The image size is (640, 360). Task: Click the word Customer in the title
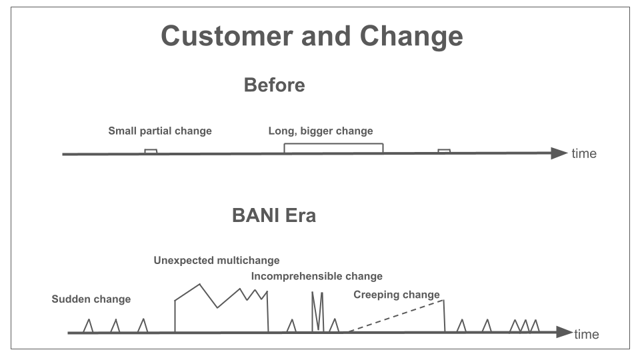227,35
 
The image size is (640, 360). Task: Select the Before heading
274,85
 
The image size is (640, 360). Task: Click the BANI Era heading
274,215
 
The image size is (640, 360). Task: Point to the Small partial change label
160,131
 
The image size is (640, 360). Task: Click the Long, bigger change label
321,131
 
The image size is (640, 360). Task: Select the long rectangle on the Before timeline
333,144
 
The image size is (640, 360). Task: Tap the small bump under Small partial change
151,150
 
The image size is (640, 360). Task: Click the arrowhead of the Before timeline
559,153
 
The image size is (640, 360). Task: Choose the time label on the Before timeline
584,153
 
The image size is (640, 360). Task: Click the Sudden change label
91,299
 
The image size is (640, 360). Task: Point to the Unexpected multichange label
216,261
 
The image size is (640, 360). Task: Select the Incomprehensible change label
317,276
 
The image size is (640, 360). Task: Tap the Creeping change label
396,295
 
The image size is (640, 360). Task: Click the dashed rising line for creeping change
396,316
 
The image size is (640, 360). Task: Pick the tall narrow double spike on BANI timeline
317,311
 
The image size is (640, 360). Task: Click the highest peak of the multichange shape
199,284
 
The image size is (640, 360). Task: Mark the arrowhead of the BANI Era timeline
564,332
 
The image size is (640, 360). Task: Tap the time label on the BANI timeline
587,334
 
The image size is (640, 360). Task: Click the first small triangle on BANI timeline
88,326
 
